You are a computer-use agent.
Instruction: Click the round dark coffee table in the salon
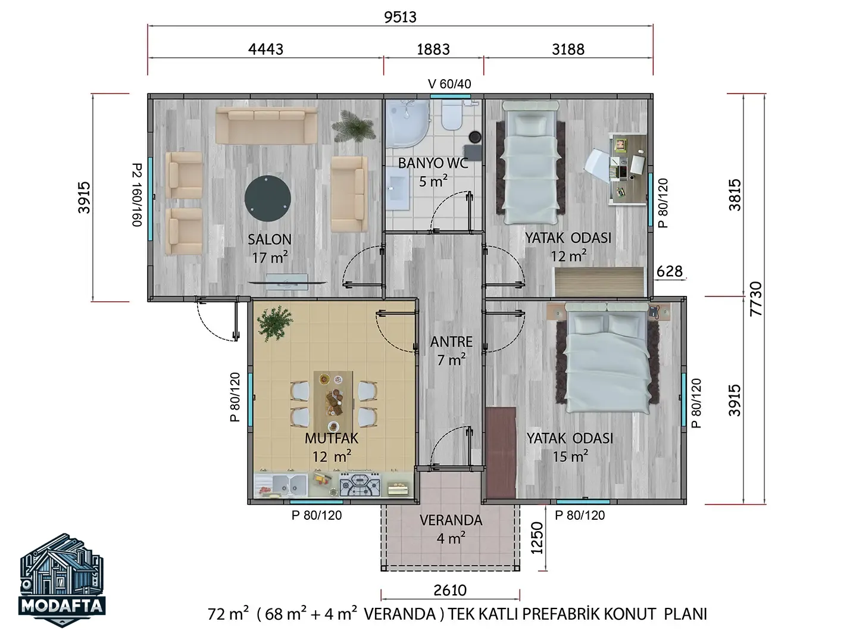[x=267, y=198]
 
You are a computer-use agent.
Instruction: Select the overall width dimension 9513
[x=400, y=17]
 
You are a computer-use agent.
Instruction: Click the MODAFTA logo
[x=62, y=580]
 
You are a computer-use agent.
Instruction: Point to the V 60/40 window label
[x=449, y=83]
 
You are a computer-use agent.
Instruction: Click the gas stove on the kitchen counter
[x=360, y=485]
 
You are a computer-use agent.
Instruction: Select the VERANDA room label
[x=451, y=520]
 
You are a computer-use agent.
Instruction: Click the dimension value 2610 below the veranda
[x=450, y=591]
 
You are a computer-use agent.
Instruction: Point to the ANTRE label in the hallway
[x=451, y=342]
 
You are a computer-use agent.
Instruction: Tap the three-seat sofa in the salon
[x=267, y=125]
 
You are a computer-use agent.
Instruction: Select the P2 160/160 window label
[x=137, y=195]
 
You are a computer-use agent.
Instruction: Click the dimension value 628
[x=669, y=271]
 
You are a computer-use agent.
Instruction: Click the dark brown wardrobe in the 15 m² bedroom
[x=501, y=452]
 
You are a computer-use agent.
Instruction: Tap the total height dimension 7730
[x=756, y=299]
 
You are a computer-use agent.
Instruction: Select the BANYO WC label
[x=433, y=164]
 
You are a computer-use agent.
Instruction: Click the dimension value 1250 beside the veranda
[x=537, y=538]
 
